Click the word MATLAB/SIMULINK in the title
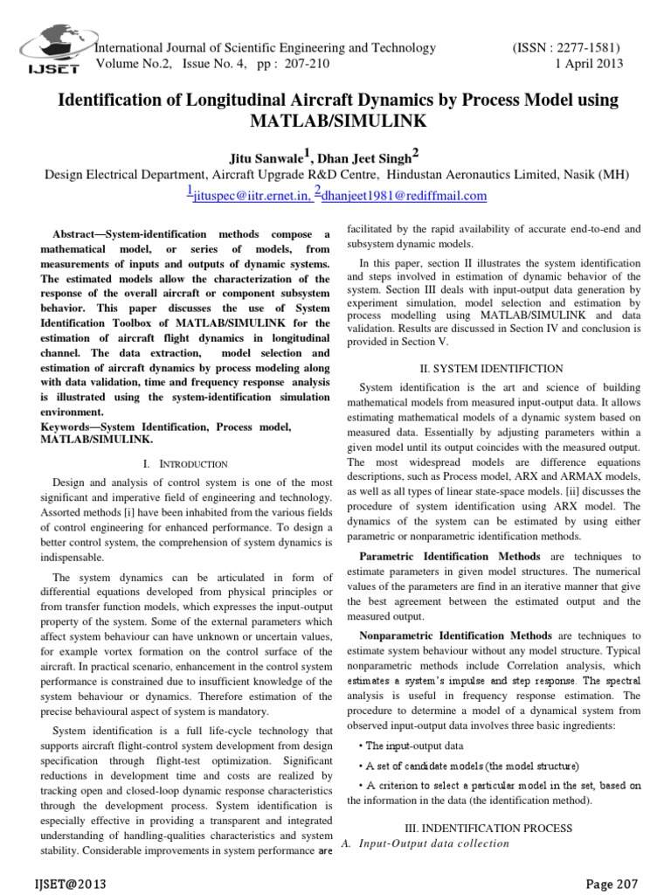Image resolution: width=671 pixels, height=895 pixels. click(x=336, y=121)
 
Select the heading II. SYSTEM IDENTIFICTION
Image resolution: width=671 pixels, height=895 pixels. click(x=494, y=369)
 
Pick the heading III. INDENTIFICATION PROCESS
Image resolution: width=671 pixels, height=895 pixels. click(x=494, y=827)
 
